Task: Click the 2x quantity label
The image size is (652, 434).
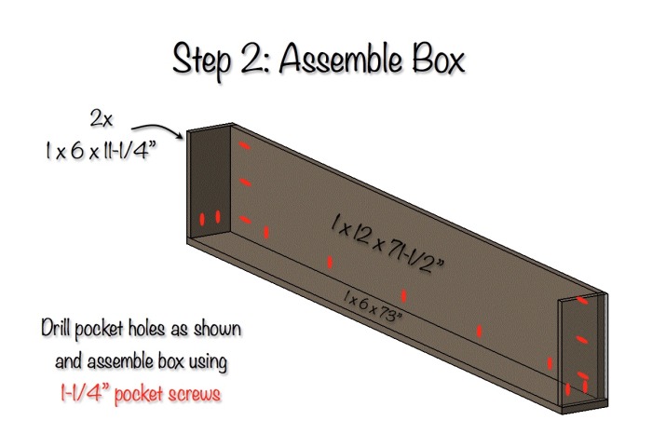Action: click(x=102, y=118)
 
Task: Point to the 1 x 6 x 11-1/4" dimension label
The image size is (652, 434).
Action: click(x=102, y=151)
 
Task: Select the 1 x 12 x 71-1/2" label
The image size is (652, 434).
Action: click(x=387, y=237)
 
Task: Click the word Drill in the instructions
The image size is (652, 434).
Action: click(x=58, y=330)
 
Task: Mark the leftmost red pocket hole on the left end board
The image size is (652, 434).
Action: click(x=202, y=220)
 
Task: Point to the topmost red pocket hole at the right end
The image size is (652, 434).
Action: click(x=583, y=300)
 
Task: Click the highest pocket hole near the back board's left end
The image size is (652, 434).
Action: click(x=245, y=146)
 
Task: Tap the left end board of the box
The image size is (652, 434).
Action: click(x=209, y=186)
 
